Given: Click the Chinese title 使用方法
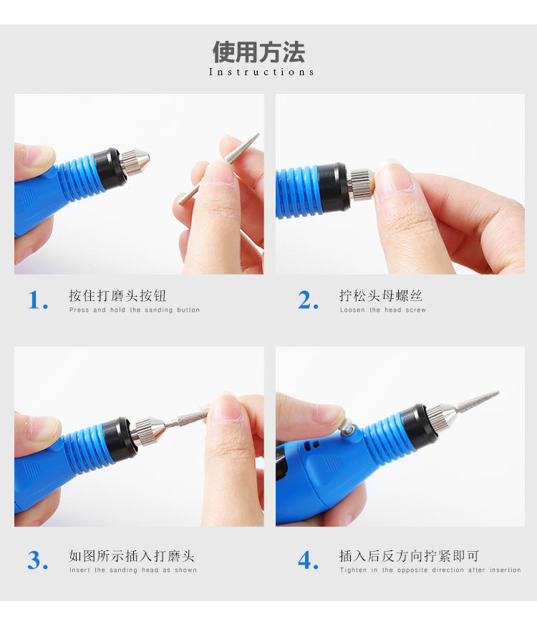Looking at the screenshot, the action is tap(258, 52).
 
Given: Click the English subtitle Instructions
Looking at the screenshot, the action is tap(261, 72).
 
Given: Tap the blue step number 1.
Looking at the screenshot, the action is tap(38, 300).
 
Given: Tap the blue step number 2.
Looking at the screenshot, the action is tap(308, 300).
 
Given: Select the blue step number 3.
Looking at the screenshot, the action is tap(38, 560).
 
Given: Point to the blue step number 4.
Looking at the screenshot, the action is tap(308, 560).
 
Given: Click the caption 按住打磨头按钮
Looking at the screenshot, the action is tap(117, 295).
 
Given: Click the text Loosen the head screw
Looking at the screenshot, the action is tap(383, 310).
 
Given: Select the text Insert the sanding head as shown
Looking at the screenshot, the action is tap(133, 570).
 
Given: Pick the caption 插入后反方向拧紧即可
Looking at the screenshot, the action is tap(410, 555).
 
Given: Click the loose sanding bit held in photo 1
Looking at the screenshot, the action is tap(219, 169).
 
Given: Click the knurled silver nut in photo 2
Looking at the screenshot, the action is tap(360, 184).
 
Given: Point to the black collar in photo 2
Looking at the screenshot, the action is tap(334, 186).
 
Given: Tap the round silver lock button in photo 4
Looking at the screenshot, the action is tap(346, 426).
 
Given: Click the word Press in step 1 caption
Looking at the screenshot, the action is tap(79, 310).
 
